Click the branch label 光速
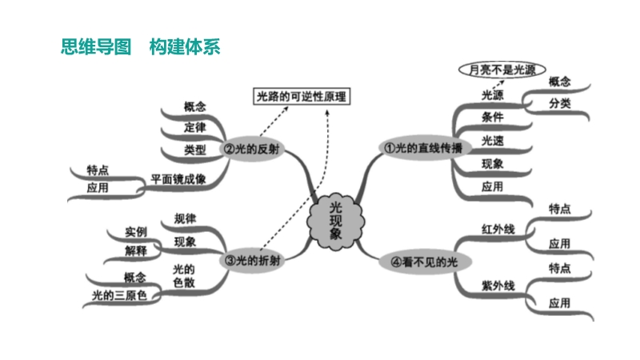tap(492, 141)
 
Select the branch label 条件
tap(492, 118)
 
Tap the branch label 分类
tap(559, 104)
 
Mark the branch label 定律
tap(194, 127)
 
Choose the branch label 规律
tap(185, 218)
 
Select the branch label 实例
tap(136, 232)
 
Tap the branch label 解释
tap(136, 251)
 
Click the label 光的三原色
tap(119, 295)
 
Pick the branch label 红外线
tap(497, 230)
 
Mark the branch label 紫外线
tap(497, 286)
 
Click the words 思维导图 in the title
tap(94, 46)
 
